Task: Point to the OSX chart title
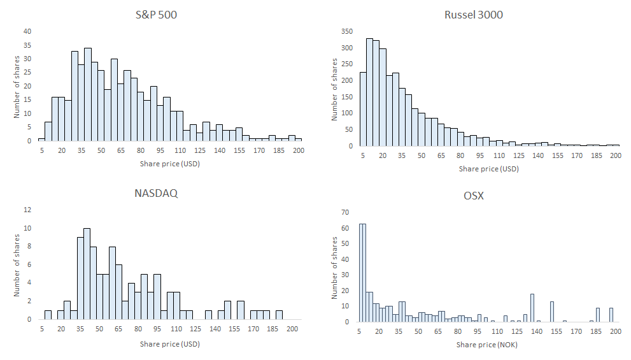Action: (473, 196)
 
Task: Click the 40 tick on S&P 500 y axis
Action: (27, 31)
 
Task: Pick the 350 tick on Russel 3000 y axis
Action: (347, 31)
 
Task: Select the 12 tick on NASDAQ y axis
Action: (27, 210)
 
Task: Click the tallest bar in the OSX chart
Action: (363, 273)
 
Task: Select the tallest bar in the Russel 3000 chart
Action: (369, 92)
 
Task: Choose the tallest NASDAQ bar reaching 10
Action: (87, 273)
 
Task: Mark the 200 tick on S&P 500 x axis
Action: (298, 150)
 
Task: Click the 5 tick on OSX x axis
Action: (360, 331)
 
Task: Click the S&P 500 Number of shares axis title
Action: (18, 86)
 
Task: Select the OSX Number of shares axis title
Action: (335, 267)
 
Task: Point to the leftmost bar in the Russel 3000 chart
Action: (363, 108)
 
